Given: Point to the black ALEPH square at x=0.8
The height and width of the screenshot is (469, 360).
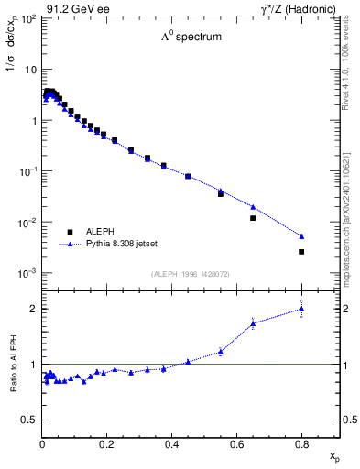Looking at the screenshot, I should (x=301, y=251).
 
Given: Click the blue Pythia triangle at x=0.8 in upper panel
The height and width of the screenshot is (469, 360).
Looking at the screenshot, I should (x=301, y=236).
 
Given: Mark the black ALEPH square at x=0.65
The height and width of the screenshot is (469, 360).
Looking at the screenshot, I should (x=253, y=218).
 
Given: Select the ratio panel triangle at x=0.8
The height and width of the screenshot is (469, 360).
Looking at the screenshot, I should (x=301, y=310).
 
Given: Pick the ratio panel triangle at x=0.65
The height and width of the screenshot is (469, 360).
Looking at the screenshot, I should (x=253, y=323).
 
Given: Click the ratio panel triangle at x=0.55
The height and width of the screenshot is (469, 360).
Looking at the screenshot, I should (x=221, y=352).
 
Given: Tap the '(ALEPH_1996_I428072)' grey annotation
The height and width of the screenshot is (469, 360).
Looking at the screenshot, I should (x=190, y=274).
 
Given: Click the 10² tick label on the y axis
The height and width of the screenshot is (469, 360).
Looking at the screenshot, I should (x=28, y=19).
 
